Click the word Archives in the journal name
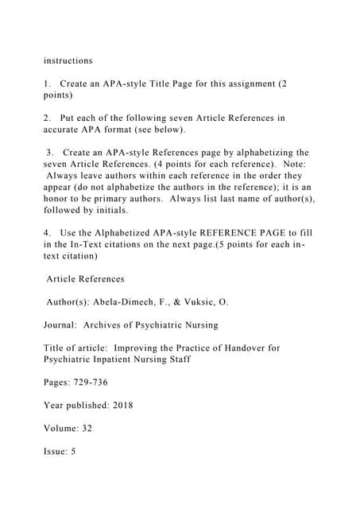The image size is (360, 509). pos(114,325)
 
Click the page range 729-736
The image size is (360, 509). pos(95,383)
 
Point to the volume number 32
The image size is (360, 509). pos(87,428)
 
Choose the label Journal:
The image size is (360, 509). pos(65,325)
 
